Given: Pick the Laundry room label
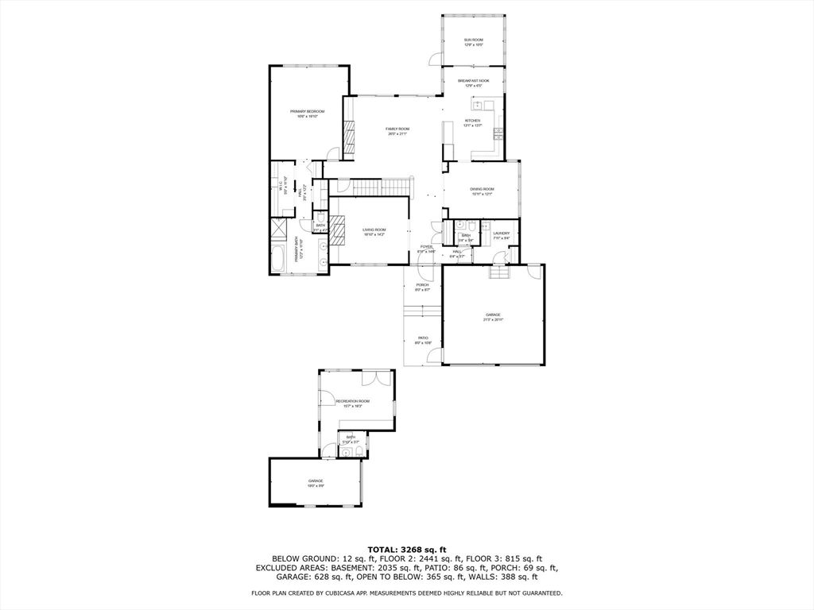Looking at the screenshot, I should pyautogui.click(x=501, y=235).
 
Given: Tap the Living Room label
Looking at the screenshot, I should pyautogui.click(x=374, y=232).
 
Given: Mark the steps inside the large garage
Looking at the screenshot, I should pyautogui.click(x=498, y=273).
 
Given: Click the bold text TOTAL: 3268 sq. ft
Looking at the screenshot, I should pyautogui.click(x=407, y=549).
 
